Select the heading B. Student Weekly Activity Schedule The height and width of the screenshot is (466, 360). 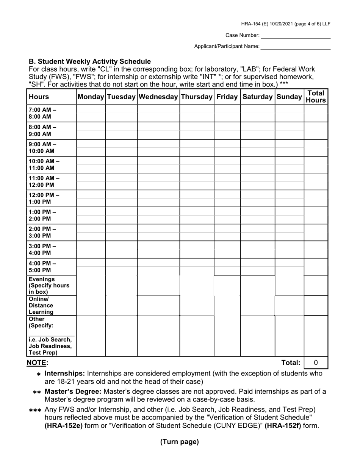[90, 61]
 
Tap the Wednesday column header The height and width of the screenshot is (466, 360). [158, 97]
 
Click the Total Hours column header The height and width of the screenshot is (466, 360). [316, 97]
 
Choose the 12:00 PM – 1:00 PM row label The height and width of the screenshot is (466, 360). [44, 198]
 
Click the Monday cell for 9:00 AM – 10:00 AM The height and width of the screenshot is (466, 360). [91, 147]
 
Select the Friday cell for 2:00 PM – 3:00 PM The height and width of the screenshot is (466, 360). [227, 232]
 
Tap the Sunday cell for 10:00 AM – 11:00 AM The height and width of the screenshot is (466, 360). [289, 164]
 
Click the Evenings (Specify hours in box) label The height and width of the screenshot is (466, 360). [49, 286]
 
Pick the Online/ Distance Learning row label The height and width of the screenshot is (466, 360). [41, 305]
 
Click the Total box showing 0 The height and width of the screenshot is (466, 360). [316, 363]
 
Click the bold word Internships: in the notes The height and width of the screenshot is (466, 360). [65, 374]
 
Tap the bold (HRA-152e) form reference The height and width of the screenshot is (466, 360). [64, 425]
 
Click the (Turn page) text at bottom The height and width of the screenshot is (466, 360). [179, 441]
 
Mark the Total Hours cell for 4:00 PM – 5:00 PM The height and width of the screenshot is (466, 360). [316, 267]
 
